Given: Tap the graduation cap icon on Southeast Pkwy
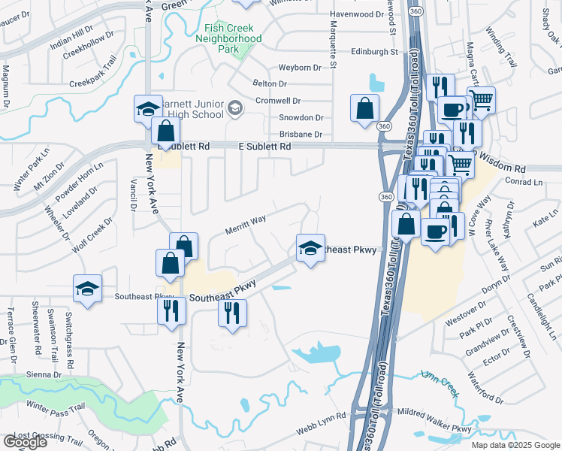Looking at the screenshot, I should [310, 248].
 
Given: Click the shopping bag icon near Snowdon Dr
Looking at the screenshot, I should [364, 107].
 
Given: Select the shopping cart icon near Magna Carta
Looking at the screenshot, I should [481, 99].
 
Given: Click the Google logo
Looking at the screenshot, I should [24, 442].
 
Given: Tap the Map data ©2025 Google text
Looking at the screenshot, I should [515, 445].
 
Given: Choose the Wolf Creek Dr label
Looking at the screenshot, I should [93, 235].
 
